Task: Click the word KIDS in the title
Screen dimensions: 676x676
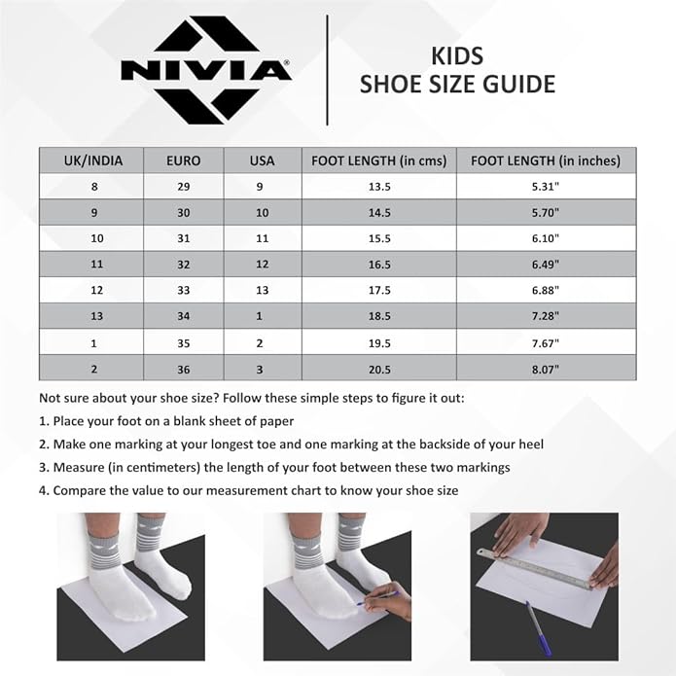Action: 456,55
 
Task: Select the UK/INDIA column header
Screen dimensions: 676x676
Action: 92,160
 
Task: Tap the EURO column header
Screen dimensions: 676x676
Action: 184,160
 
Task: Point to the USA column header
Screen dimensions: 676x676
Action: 262,160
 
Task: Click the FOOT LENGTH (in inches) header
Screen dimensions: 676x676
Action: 538,160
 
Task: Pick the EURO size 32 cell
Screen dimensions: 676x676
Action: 184,264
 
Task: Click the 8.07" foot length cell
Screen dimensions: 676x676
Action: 538,368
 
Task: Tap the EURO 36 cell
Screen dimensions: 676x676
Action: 184,368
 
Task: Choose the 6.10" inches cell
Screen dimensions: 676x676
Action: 538,238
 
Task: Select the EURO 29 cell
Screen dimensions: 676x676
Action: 184,187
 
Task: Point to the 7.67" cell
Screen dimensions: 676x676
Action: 538,342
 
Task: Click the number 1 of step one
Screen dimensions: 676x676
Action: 43,421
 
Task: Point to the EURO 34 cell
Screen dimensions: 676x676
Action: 184,316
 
